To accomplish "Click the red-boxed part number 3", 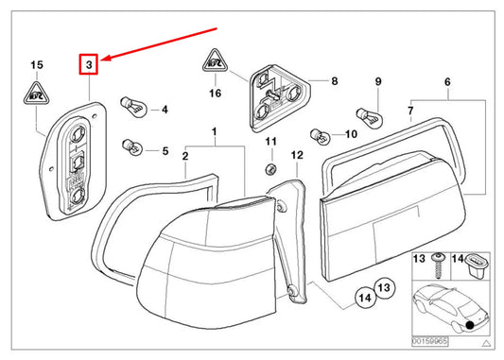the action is (x=88, y=64).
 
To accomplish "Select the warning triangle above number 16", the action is (x=215, y=60).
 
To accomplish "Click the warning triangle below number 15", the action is (x=37, y=94).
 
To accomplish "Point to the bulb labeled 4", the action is (x=133, y=107).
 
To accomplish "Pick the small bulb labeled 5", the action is (x=132, y=147).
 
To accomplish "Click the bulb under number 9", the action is (x=370, y=118).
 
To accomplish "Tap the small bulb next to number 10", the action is (x=321, y=136).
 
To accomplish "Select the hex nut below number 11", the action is (x=271, y=168).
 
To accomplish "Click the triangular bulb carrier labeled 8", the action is (x=278, y=98).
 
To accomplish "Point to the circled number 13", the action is (x=384, y=288).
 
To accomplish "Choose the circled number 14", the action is (x=365, y=298).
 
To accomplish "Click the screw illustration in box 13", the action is (x=437, y=266).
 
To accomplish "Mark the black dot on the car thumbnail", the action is (x=470, y=325).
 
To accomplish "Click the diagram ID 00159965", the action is (x=429, y=341).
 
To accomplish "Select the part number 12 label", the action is (x=297, y=155).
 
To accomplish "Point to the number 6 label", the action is (x=447, y=82).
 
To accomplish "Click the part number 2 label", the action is (x=185, y=156).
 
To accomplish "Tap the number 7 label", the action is (x=410, y=111).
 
